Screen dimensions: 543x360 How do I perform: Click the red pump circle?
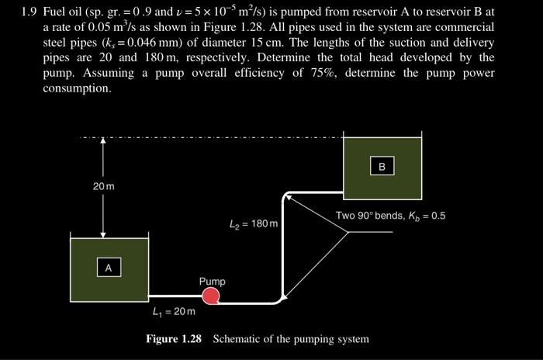tap(210, 295)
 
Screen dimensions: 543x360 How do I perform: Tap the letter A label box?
tap(109, 268)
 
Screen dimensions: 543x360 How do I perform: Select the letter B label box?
tap(382, 166)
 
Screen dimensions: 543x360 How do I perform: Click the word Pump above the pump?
tap(212, 281)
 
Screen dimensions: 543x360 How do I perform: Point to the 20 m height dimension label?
tap(103, 187)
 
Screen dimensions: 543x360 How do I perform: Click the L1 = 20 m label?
tap(174, 312)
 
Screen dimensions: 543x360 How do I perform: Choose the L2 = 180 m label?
tap(254, 225)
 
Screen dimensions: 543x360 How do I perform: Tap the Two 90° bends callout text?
tap(390, 215)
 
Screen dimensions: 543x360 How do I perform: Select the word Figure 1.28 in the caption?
tap(176, 339)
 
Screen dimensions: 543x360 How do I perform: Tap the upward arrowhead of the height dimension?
tap(103, 144)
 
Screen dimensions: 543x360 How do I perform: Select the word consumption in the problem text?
tap(78, 88)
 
